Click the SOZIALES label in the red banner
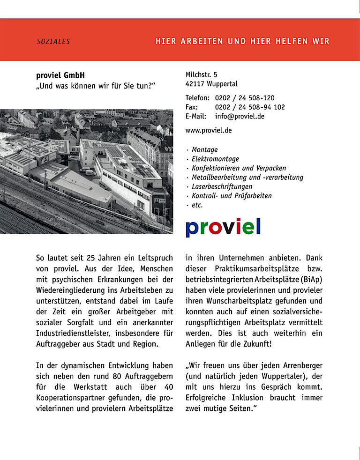pos(53,42)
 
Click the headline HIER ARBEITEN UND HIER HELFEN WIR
pos(242,41)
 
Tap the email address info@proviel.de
pos(240,116)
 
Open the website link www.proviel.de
pos(209,130)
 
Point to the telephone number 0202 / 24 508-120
pos(245,98)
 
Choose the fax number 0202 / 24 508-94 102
pos(250,107)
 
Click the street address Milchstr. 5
pos(202,74)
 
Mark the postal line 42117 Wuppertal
pos(211,84)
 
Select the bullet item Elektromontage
pos(215,159)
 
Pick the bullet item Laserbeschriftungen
pos(222,186)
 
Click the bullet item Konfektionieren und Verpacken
pos(239,168)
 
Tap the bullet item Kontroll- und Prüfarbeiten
pos(232,196)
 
